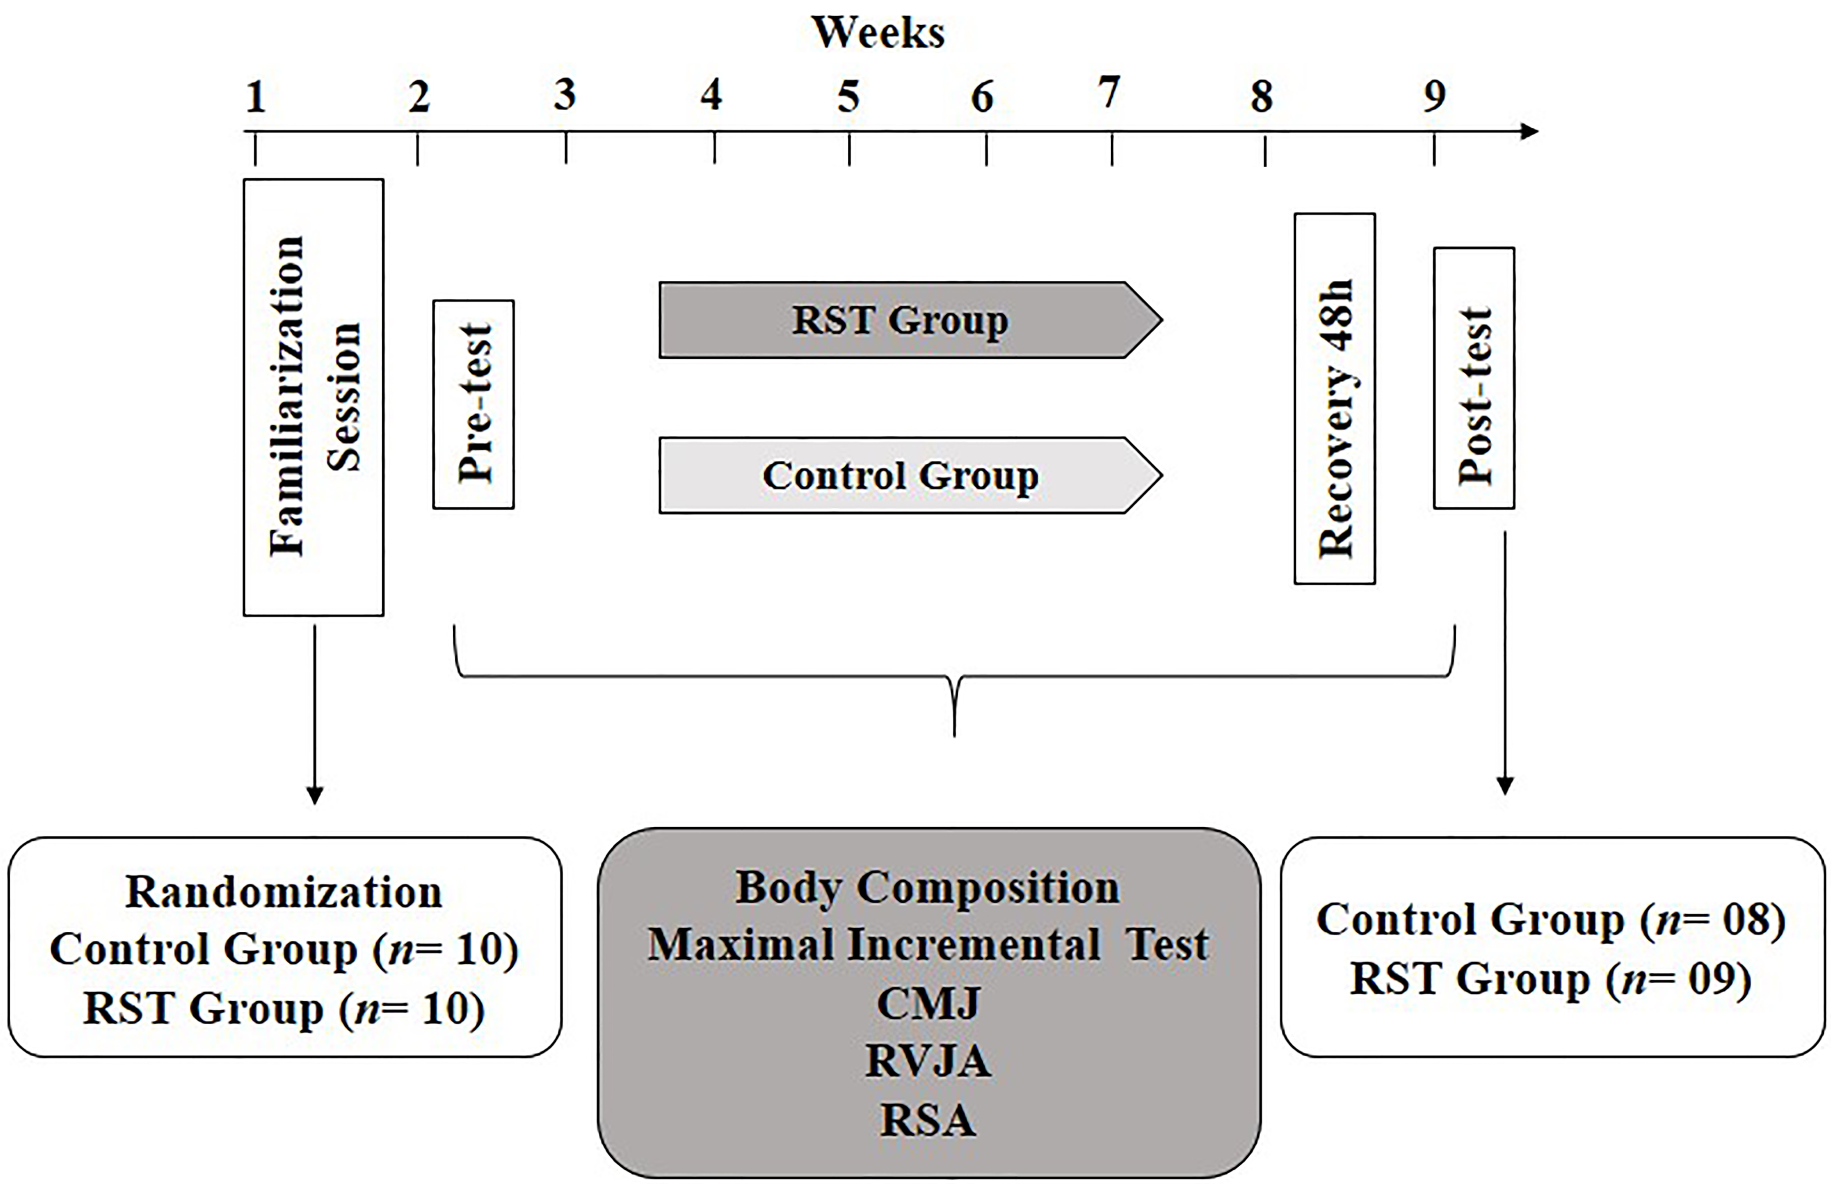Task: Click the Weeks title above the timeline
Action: (878, 33)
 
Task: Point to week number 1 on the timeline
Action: (256, 97)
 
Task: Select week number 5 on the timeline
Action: (848, 97)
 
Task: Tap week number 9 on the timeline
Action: (1434, 96)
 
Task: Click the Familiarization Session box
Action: (314, 397)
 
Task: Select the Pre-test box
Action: (473, 404)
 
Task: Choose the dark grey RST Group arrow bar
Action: (911, 320)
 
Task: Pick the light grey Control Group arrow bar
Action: (911, 475)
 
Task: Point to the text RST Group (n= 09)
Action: (1551, 980)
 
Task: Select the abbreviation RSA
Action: (928, 1120)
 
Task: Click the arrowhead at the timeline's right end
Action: (1529, 132)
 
